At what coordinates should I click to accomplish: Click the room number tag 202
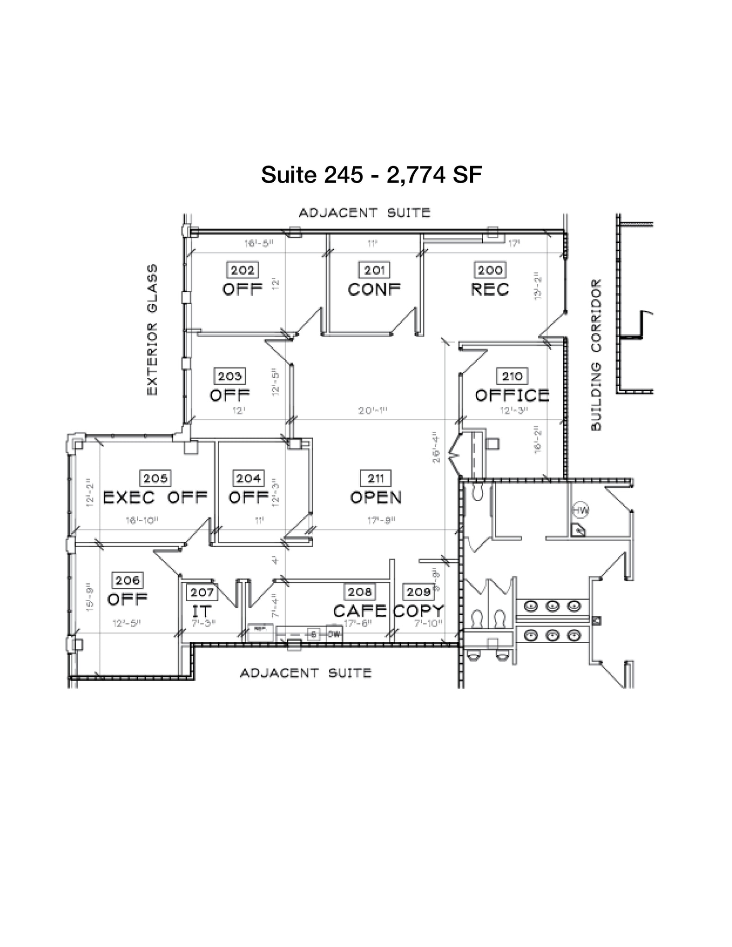tap(242, 270)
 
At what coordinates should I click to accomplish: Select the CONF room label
tap(374, 290)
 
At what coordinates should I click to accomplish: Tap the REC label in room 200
tap(490, 290)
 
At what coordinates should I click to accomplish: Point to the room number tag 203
tap(230, 376)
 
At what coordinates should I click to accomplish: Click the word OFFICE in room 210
tap(512, 396)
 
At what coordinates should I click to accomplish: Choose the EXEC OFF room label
tap(155, 498)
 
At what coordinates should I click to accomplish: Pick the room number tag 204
tap(249, 478)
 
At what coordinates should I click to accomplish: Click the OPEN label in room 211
tap(376, 498)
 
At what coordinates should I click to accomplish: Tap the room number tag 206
tap(127, 580)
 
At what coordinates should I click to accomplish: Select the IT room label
tap(202, 611)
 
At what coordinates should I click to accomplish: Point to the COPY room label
tap(419, 611)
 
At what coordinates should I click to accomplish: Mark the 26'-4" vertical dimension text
tap(437, 447)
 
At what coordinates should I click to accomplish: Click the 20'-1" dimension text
tap(372, 411)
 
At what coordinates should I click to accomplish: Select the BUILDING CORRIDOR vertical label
tap(597, 355)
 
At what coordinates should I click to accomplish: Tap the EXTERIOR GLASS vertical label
tap(152, 330)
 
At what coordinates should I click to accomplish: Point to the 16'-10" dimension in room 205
tap(142, 521)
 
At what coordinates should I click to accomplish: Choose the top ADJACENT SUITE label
tap(364, 213)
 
